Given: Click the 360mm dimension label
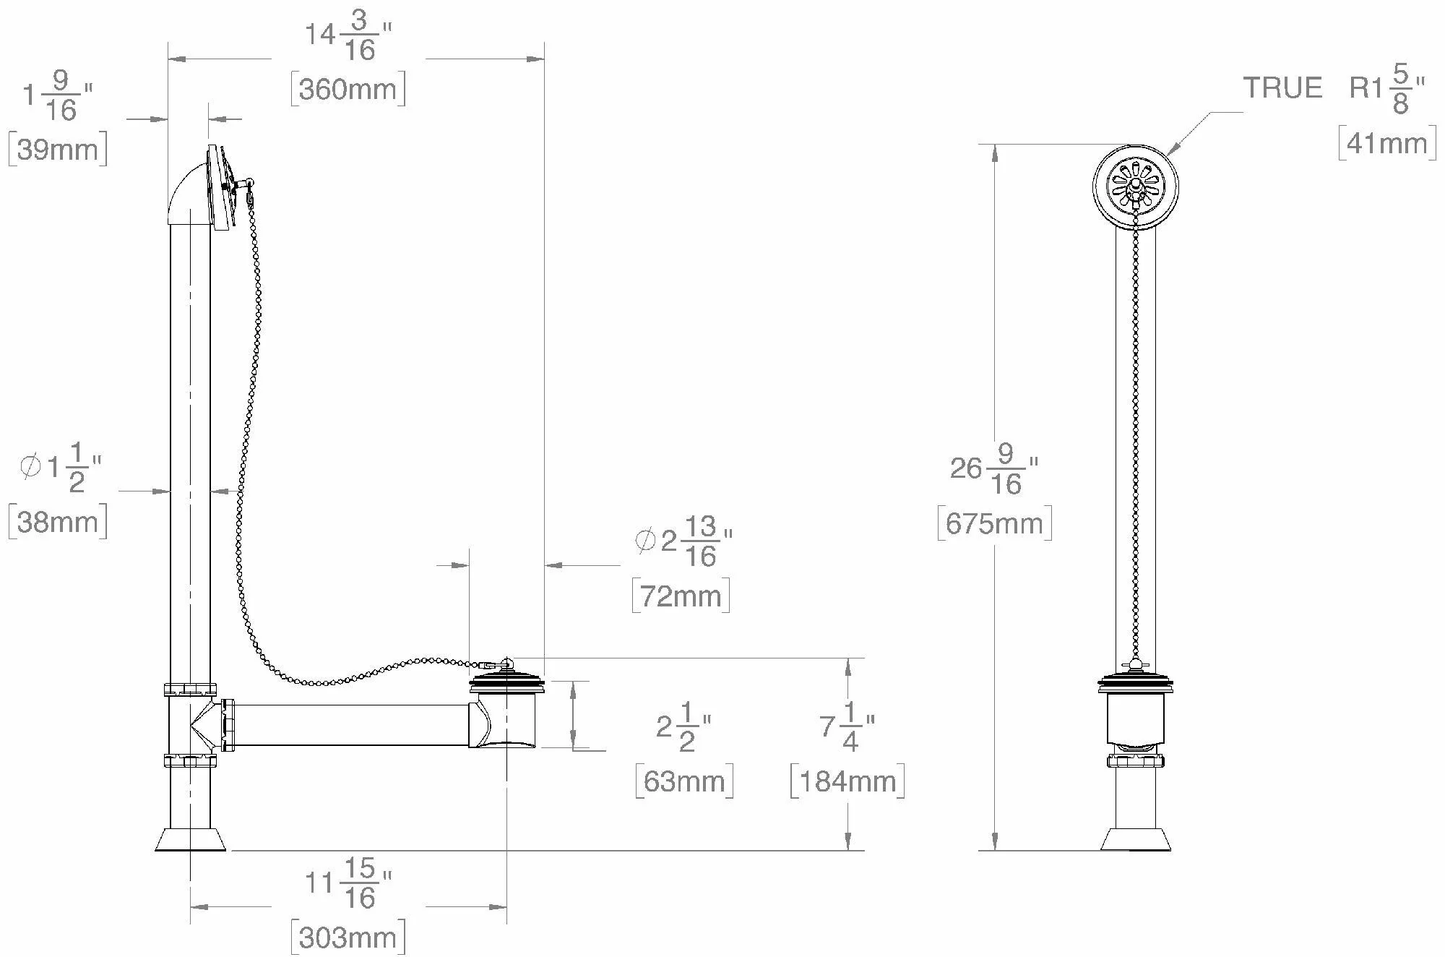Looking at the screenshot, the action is [x=348, y=89].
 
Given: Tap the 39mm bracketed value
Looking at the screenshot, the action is [x=58, y=149].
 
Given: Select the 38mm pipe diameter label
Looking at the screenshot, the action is [x=58, y=521].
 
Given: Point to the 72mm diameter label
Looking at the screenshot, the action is [x=681, y=596].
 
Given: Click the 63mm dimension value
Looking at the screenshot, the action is [x=684, y=781].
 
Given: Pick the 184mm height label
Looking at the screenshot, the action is [x=847, y=781].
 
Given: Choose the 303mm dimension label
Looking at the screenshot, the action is [x=348, y=937].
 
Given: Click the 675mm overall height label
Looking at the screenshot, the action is [x=994, y=523].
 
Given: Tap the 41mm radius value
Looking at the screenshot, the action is [x=1387, y=143].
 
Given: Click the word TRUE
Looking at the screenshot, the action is [x=1282, y=88].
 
